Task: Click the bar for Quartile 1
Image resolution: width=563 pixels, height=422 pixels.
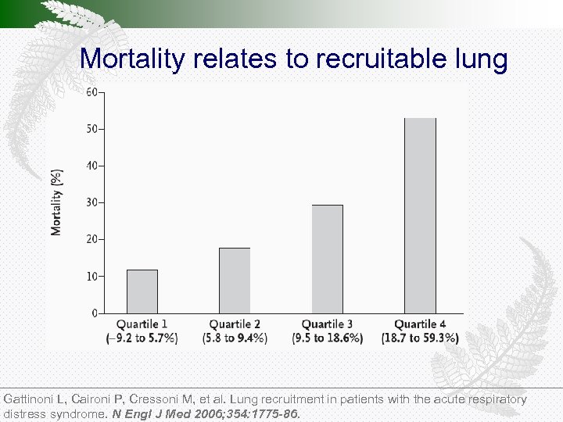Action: coord(142,291)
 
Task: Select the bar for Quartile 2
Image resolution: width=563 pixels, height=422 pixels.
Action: coord(235,281)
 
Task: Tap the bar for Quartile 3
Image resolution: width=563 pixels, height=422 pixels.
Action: coord(327,259)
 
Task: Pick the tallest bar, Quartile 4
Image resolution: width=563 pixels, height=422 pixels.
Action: coord(420,216)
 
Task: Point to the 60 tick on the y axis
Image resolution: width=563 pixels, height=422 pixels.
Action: coord(92,92)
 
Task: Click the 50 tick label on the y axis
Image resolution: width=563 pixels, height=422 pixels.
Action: coord(92,129)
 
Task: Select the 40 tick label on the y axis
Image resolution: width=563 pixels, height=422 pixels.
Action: coord(92,166)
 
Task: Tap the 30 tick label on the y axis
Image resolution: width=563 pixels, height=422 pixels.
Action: coord(92,202)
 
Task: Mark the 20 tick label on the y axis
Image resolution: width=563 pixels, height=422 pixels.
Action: coord(92,239)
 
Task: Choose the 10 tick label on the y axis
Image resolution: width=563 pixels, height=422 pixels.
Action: coord(92,277)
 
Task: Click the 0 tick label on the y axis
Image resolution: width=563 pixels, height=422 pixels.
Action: coord(95,313)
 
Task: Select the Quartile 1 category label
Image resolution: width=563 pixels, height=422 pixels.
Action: coord(142,324)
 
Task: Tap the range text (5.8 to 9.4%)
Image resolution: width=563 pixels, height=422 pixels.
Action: coord(235,338)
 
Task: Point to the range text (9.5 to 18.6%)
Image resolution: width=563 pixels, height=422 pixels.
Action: coord(327,338)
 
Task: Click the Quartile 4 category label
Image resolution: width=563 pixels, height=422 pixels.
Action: coord(420,324)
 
